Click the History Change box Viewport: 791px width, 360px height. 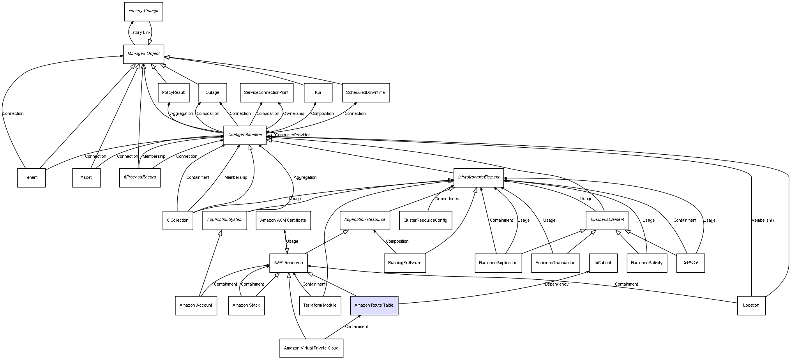tap(143, 11)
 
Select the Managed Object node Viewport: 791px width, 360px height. tap(143, 54)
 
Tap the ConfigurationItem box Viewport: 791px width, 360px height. tap(245, 135)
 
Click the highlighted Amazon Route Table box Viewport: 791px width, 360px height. tap(374, 305)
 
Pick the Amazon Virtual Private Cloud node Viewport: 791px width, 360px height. tap(311, 348)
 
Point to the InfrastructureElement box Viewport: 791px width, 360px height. tap(478, 177)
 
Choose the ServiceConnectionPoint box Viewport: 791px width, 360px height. tap(266, 93)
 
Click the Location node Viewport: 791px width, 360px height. tap(751, 305)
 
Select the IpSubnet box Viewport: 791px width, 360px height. tap(603, 263)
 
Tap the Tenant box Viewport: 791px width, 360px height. tap(31, 178)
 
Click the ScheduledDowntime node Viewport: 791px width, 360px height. tap(365, 93)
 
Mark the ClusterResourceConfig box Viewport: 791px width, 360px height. tap(425, 221)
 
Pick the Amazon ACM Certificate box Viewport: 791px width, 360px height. tap(283, 221)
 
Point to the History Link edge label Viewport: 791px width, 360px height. tap(139, 33)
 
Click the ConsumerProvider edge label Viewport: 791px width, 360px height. tap(292, 135)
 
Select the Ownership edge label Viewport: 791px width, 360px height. tap(293, 114)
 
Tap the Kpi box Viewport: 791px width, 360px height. tap(318, 93)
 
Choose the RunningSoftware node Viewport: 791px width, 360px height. tap(404, 263)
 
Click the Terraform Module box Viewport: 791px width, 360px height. tap(320, 305)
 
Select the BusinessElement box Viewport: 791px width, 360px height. tap(607, 220)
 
